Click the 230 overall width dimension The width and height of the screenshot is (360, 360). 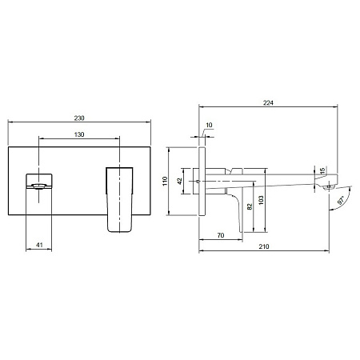point(79,118)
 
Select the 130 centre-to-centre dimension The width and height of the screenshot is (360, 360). point(79,134)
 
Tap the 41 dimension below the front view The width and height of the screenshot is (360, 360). point(39,245)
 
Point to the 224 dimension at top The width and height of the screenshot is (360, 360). point(268,103)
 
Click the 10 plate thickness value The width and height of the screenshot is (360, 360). point(209,125)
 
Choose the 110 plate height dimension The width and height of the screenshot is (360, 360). point(165,181)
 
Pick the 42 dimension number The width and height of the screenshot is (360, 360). point(180,181)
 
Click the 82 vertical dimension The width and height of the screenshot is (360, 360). point(250,206)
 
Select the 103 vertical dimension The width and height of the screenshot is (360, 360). point(261,200)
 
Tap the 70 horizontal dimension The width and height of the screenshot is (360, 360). point(221,235)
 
